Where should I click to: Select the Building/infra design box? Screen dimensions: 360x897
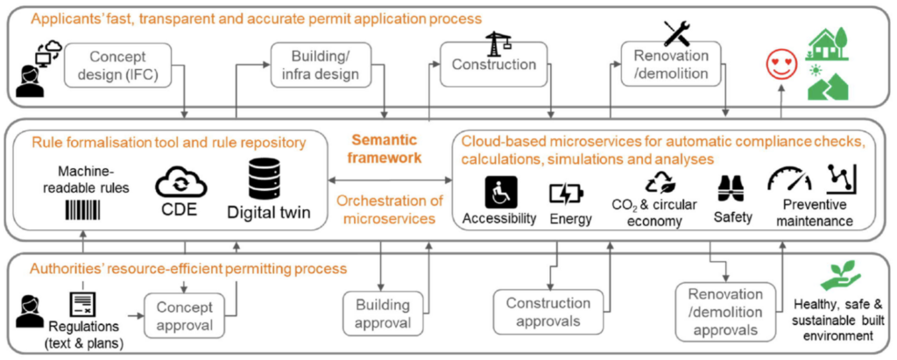[x=326, y=64]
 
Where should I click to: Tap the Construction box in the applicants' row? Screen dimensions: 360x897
[x=493, y=65]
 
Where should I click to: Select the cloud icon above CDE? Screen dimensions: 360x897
[x=179, y=183]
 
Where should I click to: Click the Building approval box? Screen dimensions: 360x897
[x=383, y=314]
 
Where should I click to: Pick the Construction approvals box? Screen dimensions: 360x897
[x=548, y=312]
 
